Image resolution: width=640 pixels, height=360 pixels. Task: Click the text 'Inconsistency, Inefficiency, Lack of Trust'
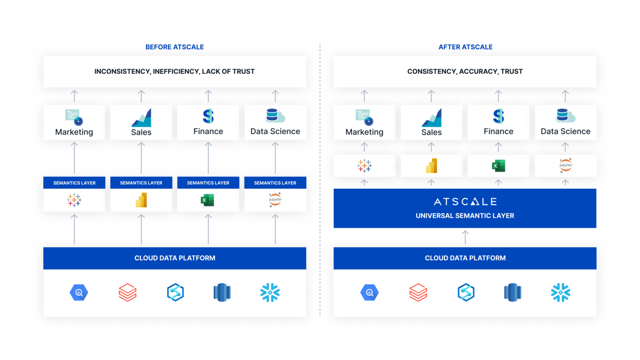click(x=174, y=72)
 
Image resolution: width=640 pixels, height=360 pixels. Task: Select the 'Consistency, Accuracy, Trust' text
click(x=465, y=72)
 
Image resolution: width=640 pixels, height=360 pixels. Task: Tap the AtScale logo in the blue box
click(x=465, y=202)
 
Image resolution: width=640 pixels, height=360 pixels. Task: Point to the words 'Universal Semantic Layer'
click(x=465, y=216)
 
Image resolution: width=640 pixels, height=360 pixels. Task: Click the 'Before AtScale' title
click(x=175, y=47)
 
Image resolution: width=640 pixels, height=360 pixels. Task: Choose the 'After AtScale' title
click(x=465, y=47)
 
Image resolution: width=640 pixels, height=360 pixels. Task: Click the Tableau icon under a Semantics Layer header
click(x=74, y=200)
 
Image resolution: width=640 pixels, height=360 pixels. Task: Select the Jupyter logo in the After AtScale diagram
click(x=565, y=165)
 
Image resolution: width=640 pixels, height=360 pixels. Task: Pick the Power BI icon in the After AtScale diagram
click(x=431, y=165)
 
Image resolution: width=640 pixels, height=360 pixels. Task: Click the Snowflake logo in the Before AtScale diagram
click(x=270, y=292)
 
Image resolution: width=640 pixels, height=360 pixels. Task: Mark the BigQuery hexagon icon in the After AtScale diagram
click(x=369, y=292)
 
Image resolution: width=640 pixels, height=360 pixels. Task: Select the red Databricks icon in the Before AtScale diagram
click(x=127, y=292)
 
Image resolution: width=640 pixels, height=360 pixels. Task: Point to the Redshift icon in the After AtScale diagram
click(x=512, y=292)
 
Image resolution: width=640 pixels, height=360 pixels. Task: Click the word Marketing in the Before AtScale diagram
click(x=74, y=132)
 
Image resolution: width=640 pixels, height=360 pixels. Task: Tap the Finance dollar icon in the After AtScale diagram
click(x=498, y=116)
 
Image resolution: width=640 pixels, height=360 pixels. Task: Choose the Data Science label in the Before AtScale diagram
click(x=275, y=132)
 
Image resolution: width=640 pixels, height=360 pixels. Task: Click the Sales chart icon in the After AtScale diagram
click(x=431, y=118)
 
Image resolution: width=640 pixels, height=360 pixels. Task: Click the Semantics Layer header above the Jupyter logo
click(x=275, y=183)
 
